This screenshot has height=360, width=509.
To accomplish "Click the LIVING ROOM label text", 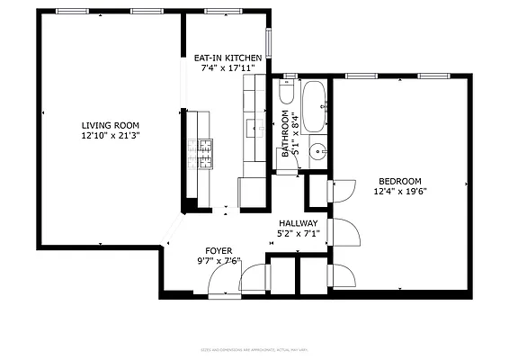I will pos(111,125).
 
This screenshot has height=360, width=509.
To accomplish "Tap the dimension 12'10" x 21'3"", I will pos(111,136).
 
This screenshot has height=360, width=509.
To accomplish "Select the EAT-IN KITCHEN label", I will pos(228,58).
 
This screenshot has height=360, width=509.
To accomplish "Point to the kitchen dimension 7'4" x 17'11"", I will pos(228,68).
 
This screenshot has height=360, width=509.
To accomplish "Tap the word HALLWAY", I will pos(298,223).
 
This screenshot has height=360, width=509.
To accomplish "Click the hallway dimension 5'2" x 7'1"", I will pos(298,235).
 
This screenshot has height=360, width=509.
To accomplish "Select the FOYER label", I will pos(219,250).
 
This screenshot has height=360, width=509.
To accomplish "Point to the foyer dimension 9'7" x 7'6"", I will pos(219,262).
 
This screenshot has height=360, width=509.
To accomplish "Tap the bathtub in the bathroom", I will pos(315,106).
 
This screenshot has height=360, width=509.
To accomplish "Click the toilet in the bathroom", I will pos(287,93).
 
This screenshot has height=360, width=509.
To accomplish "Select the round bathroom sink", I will pos(317,152).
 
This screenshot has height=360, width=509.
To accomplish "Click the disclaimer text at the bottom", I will pos(254,350).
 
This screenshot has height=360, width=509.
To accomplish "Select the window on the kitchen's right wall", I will pos(269,46).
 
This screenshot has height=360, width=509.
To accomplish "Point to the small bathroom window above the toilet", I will pos(290,76).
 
